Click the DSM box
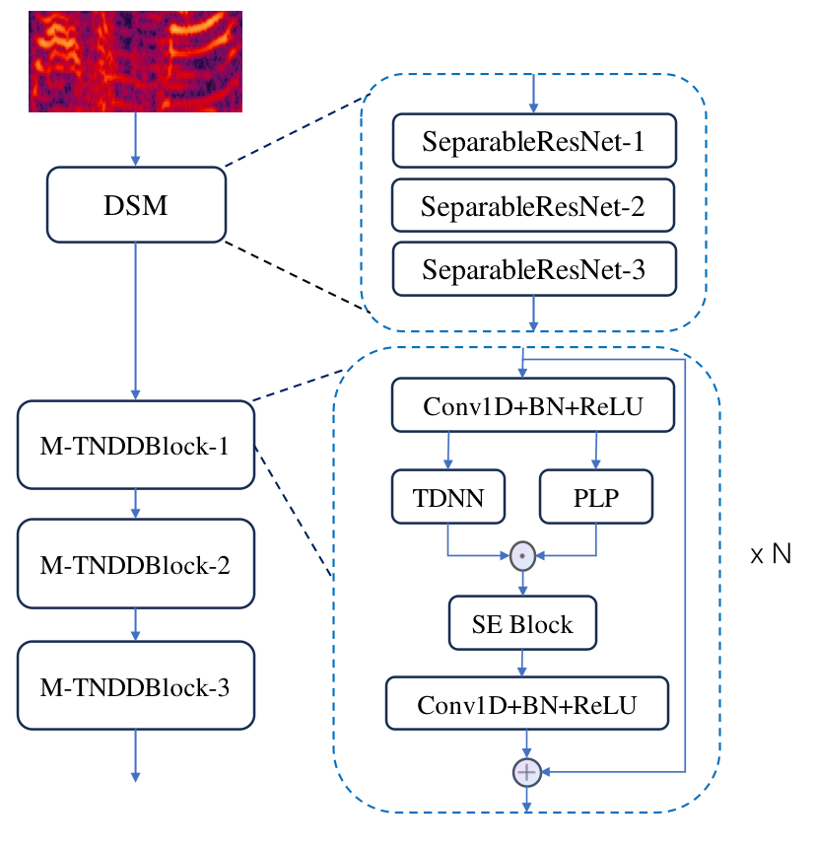(136, 204)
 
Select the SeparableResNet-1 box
(534, 141)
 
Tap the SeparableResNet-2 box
(533, 205)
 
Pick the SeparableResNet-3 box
(534, 269)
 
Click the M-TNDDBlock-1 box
(136, 445)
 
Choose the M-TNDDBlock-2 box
(136, 564)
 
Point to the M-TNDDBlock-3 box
(136, 685)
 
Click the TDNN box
(448, 496)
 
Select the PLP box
(595, 496)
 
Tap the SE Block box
(522, 623)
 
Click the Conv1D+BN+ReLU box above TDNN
(533, 405)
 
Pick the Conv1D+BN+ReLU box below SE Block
(527, 703)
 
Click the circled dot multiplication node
(522, 556)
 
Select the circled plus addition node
(527, 772)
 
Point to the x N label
(771, 554)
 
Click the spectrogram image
(136, 61)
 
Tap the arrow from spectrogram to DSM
(136, 139)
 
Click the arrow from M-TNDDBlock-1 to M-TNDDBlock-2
(136, 504)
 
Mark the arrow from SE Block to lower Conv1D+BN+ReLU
(522, 663)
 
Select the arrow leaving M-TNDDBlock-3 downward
(136, 756)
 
